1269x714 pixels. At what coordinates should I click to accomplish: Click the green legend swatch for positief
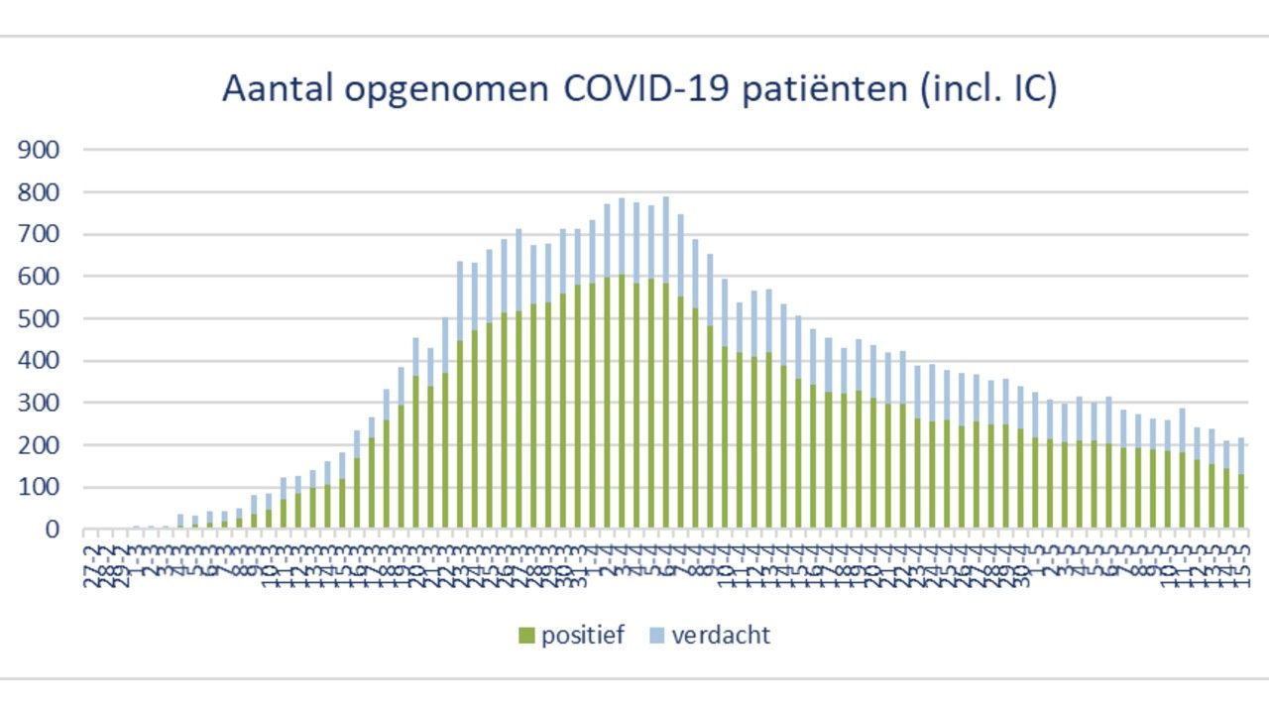tap(525, 636)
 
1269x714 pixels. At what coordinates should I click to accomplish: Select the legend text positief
tap(583, 636)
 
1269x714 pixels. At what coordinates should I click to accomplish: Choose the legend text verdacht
tap(721, 636)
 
